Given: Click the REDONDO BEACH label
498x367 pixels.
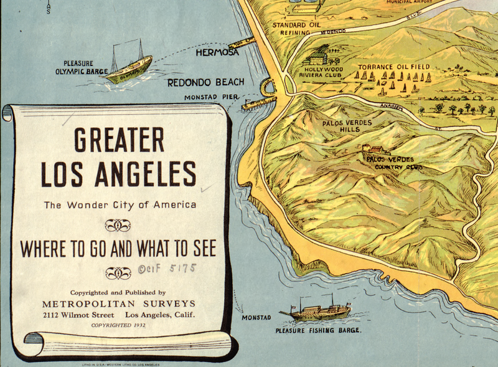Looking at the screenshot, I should pyautogui.click(x=205, y=82).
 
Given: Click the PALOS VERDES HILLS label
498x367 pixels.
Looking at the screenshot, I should pyautogui.click(x=347, y=126).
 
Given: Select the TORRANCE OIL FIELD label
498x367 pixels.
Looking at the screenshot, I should pyautogui.click(x=395, y=67).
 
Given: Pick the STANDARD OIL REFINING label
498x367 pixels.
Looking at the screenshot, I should pyautogui.click(x=295, y=29).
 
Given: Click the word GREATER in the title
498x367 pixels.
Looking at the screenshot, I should pyautogui.click(x=119, y=140).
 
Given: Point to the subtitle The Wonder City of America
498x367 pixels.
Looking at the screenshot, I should pyautogui.click(x=120, y=205).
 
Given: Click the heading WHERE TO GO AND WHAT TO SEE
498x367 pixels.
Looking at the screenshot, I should pyautogui.click(x=118, y=249).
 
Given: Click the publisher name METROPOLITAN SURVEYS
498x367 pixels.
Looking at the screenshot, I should pyautogui.click(x=118, y=303).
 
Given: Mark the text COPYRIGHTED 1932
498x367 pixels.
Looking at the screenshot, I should pyautogui.click(x=118, y=325).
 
